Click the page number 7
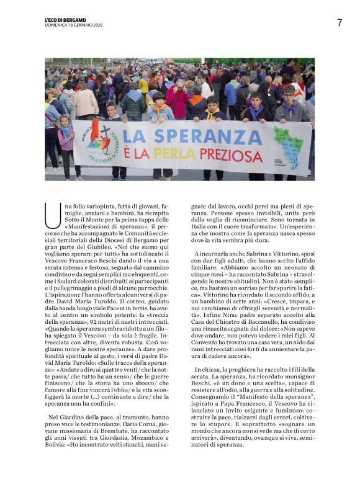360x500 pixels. pyautogui.click(x=340, y=23)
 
